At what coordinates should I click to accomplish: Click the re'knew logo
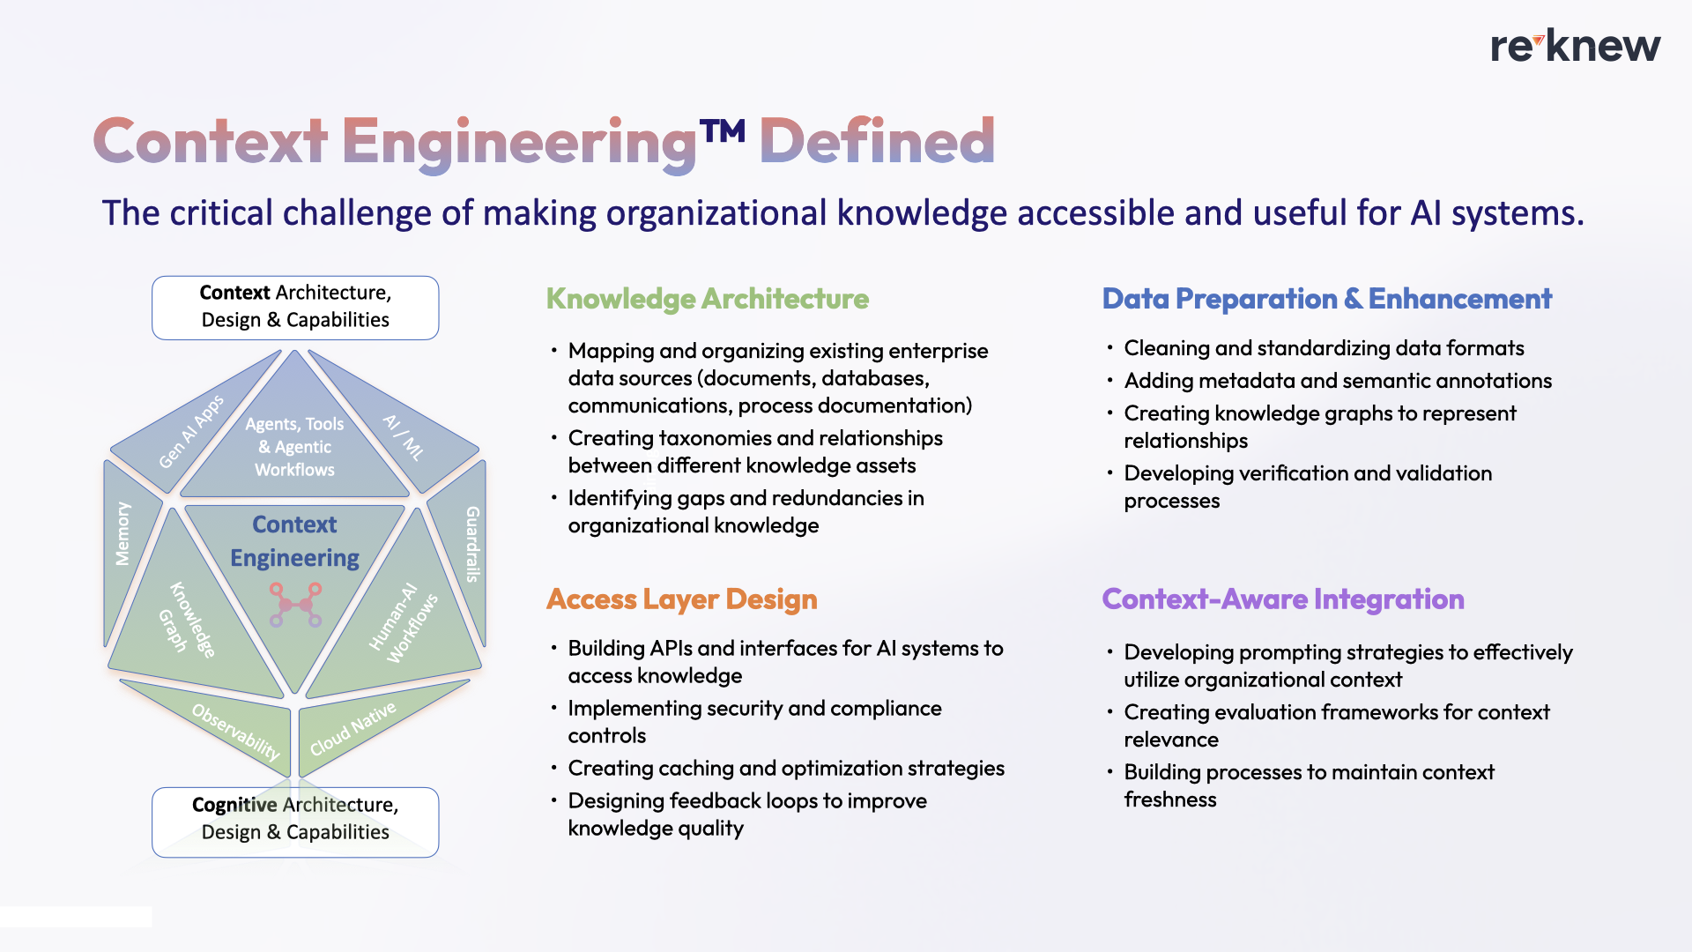(x=1575, y=47)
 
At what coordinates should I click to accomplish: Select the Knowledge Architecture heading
(x=707, y=299)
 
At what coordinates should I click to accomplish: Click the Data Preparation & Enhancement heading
(x=1326, y=299)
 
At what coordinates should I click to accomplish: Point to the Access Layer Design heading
(x=681, y=599)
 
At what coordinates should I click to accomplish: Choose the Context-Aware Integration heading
(x=1282, y=599)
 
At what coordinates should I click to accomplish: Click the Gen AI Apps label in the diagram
(x=191, y=432)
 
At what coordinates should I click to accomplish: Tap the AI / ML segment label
(x=404, y=436)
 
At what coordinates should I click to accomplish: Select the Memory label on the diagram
(x=122, y=533)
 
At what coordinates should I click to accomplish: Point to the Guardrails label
(x=473, y=544)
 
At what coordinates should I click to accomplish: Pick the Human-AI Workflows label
(x=403, y=621)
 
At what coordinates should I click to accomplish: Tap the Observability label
(x=235, y=732)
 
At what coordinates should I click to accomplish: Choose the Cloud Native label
(x=352, y=729)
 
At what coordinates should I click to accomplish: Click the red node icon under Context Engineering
(x=295, y=605)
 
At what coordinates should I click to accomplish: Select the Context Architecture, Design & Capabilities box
(x=295, y=307)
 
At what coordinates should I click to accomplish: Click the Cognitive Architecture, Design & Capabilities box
(x=295, y=820)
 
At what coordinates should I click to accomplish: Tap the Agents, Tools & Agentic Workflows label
(x=294, y=447)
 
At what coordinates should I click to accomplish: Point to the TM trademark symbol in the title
(x=723, y=131)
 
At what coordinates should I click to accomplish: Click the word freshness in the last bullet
(x=1169, y=800)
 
